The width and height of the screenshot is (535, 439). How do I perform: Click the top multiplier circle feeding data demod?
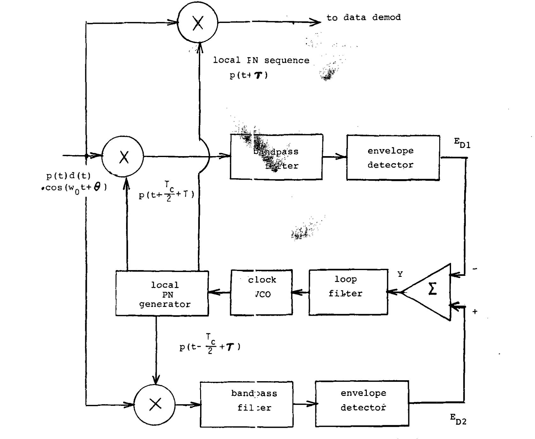tap(198, 23)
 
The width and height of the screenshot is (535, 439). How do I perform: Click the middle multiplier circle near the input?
tap(123, 156)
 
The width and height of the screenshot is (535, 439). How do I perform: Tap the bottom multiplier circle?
tap(155, 405)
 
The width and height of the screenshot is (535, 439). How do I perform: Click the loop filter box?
tap(348, 292)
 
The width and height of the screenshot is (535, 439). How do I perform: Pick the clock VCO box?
tap(261, 292)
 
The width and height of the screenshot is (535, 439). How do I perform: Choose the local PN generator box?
tap(162, 293)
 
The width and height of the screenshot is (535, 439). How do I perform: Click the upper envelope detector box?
tap(393, 157)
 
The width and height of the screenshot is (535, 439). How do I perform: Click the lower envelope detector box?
tap(362, 404)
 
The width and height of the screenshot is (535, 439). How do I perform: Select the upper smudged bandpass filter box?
tap(276, 157)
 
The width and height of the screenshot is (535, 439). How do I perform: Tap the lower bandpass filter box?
tap(246, 404)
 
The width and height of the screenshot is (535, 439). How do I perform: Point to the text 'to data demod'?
tap(363, 17)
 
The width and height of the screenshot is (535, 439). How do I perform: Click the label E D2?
tap(458, 419)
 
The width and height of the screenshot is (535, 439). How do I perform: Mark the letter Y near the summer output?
tap(400, 274)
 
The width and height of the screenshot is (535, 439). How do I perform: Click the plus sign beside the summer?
tap(475, 312)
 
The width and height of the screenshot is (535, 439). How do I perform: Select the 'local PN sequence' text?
tap(261, 60)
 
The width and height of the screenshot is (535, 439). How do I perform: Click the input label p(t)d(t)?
tap(68, 176)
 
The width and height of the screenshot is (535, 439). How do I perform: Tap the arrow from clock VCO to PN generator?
tap(219, 292)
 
